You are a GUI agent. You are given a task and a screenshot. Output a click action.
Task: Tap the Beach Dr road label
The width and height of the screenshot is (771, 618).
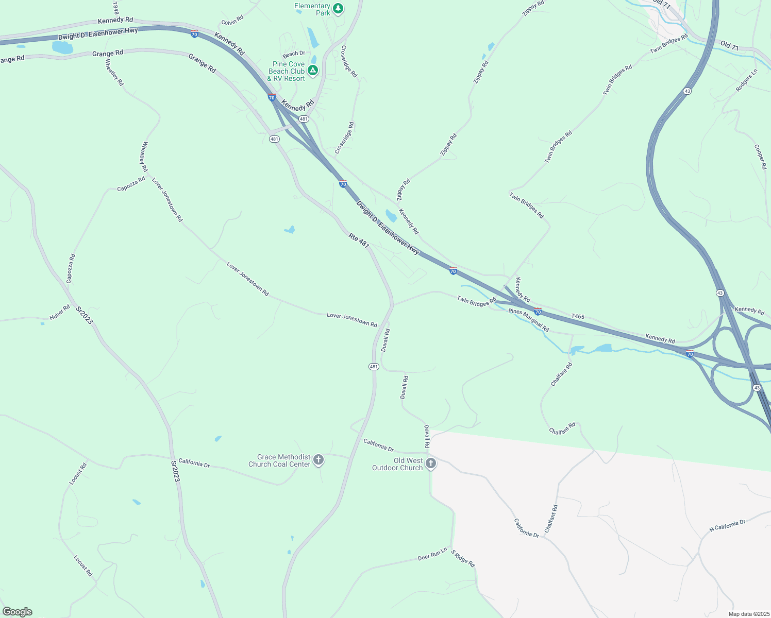click(x=294, y=54)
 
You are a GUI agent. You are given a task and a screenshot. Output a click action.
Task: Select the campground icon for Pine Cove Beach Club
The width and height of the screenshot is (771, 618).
click(x=312, y=70)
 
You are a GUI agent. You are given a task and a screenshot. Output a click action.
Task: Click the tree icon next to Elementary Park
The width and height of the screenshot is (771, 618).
click(x=338, y=8)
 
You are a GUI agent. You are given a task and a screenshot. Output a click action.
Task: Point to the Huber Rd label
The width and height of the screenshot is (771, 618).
click(x=60, y=313)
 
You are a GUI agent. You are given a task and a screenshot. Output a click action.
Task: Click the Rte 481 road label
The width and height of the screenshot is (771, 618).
click(x=359, y=241)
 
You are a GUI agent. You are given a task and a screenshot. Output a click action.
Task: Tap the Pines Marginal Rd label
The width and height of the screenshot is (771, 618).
click(x=529, y=320)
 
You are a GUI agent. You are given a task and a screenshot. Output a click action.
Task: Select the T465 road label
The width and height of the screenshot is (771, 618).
click(x=578, y=316)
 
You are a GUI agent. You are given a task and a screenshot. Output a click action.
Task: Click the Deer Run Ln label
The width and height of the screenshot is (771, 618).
click(x=432, y=555)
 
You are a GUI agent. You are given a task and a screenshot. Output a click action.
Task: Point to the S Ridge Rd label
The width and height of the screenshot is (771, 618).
click(x=463, y=558)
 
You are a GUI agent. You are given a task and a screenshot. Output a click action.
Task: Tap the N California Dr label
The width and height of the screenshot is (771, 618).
click(x=727, y=526)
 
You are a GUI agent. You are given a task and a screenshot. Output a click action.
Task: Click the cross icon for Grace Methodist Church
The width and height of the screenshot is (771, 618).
click(x=319, y=459)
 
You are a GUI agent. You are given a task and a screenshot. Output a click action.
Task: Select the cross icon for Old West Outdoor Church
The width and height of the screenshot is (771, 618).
click(x=431, y=463)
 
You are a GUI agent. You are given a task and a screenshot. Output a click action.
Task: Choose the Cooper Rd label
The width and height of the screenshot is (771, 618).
click(x=760, y=157)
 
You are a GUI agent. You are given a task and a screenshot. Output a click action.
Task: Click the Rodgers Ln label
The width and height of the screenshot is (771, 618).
click(x=747, y=80)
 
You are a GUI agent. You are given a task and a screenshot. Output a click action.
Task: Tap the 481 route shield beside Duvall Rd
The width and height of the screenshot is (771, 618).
click(x=374, y=367)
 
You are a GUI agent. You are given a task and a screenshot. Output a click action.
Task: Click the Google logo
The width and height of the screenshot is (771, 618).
click(x=18, y=612)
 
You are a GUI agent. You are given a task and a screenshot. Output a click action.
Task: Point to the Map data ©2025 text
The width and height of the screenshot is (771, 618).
click(x=748, y=614)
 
